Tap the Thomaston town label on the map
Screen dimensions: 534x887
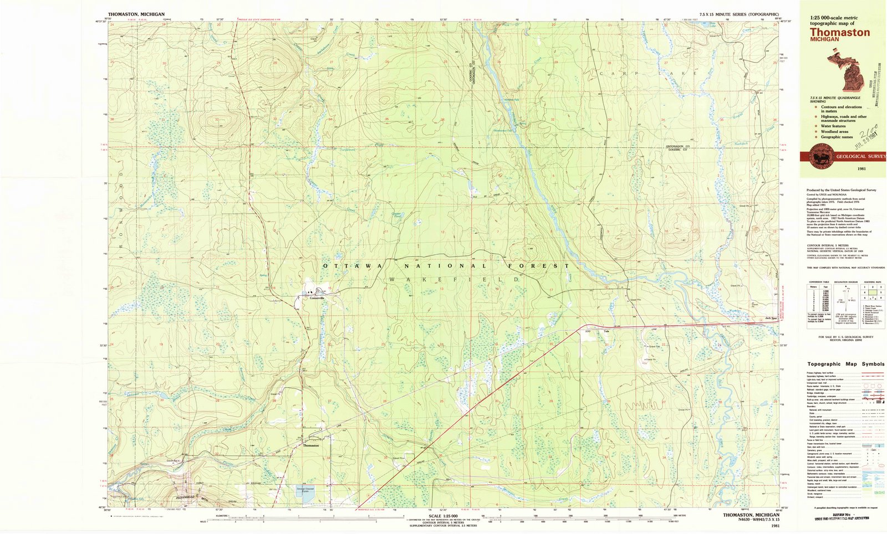[x=310, y=445]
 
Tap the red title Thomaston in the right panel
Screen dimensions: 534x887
[x=839, y=33]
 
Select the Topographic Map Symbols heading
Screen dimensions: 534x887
[x=846, y=364]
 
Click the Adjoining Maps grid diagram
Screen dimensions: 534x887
[x=871, y=291]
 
